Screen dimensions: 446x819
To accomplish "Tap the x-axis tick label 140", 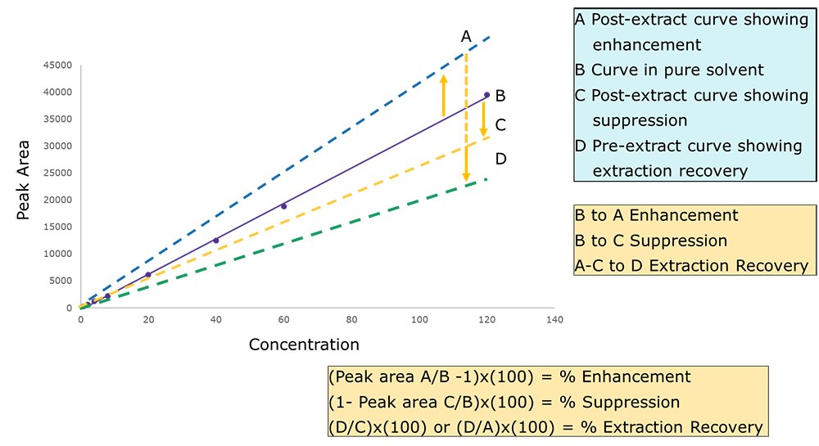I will tap(554, 319).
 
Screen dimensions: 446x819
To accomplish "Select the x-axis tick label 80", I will tap(351, 319).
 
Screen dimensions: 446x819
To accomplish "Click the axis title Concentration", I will tap(304, 344).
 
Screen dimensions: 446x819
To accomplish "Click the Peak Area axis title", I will tap(25, 187).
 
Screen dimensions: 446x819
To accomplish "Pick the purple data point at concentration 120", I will tap(486, 95).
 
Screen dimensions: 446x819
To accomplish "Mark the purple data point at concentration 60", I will tap(284, 206).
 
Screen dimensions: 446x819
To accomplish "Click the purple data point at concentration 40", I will tap(216, 241).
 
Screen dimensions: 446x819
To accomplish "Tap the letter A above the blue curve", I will tap(466, 36).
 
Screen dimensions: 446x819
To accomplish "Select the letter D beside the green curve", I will tap(500, 158).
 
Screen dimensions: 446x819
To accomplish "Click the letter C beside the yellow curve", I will tap(500, 124).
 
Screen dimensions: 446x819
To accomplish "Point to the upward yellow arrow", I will tap(443, 95).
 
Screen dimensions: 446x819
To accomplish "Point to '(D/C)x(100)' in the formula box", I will tap(369, 427).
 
